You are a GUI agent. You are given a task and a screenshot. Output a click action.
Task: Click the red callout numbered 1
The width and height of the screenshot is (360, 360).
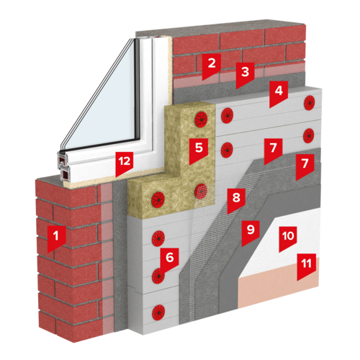click(56, 238)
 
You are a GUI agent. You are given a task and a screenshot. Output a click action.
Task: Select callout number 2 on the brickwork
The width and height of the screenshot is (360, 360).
click(211, 66)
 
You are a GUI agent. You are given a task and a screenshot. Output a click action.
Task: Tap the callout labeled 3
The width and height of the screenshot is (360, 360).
click(245, 74)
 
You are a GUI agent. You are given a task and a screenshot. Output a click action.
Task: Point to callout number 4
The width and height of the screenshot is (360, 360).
click(279, 93)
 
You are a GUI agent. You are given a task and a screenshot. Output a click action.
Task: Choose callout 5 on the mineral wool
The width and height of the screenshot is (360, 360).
click(199, 150)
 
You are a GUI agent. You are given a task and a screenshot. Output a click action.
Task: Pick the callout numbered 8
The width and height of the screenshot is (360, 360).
click(236, 199)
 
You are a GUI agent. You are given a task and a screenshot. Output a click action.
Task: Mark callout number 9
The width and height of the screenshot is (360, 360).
click(251, 232)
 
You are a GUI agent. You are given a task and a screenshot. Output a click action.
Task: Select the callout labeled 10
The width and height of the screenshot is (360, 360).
click(288, 238)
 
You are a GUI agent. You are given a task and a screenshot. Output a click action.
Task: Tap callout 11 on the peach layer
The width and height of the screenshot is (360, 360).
click(306, 266)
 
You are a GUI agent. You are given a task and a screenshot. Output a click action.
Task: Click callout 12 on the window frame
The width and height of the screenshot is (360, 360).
click(125, 163)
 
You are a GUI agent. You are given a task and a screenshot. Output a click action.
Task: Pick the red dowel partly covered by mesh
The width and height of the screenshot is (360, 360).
click(201, 192)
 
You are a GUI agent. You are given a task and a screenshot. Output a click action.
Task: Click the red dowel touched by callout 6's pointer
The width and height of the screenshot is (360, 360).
click(158, 276)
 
